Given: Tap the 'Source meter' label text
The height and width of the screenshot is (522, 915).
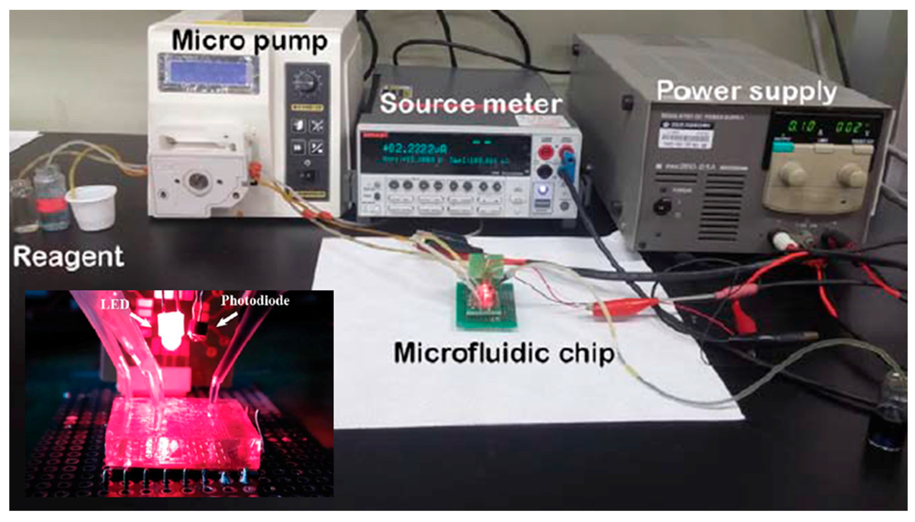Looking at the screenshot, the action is [470, 104].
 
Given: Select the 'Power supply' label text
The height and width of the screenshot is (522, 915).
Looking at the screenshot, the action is [746, 91].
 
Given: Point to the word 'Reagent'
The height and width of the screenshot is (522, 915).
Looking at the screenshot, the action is [68, 256].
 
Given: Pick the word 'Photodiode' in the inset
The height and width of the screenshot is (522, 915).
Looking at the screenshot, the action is [255, 301].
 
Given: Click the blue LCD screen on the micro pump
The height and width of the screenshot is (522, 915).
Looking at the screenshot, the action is [208, 74].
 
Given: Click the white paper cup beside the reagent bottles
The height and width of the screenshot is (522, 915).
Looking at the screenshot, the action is [92, 207].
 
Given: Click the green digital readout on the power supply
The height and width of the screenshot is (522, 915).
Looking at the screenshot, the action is [825, 128].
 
